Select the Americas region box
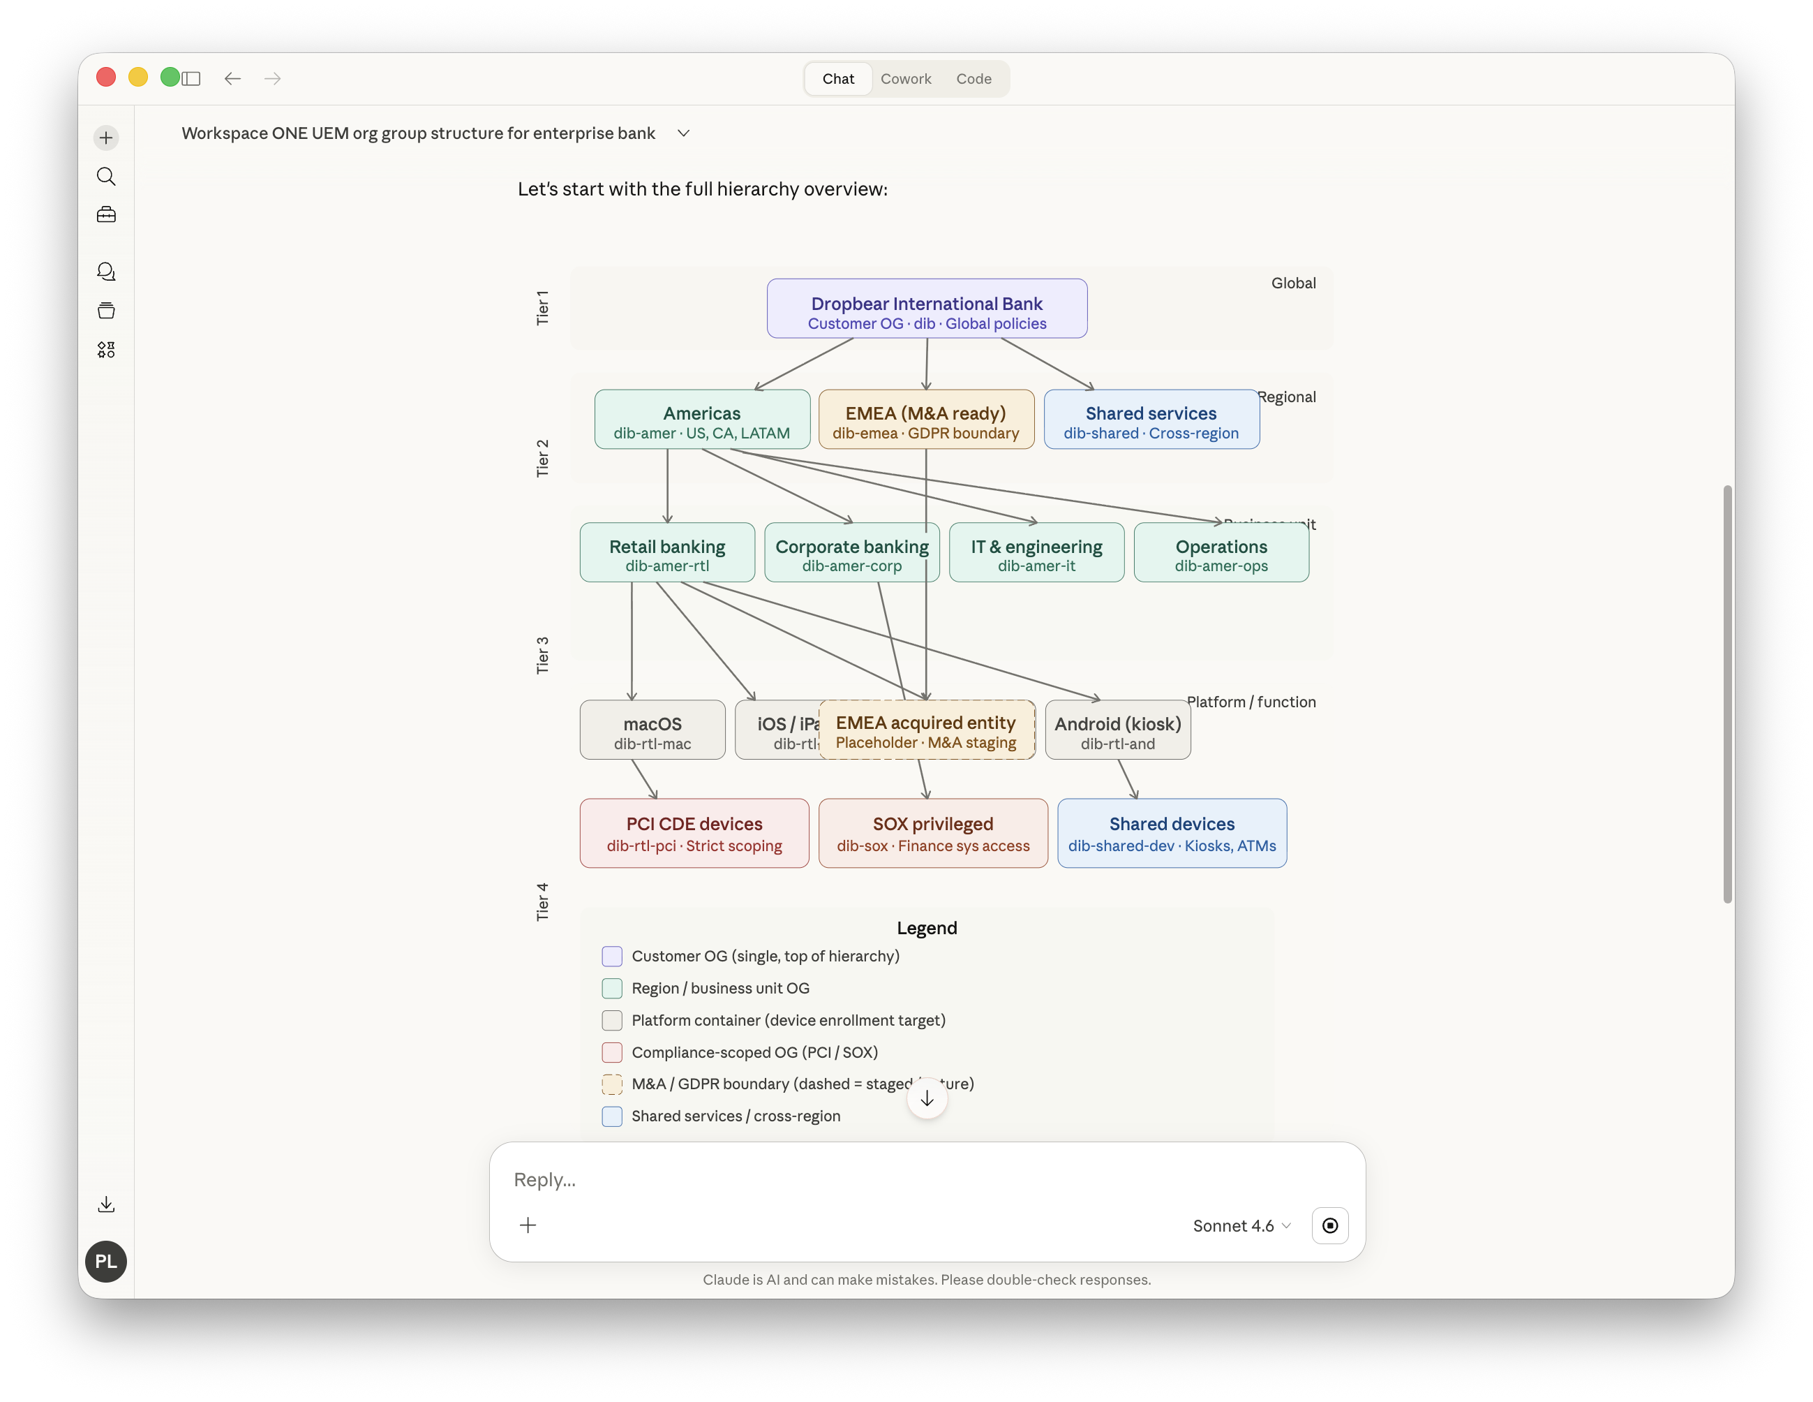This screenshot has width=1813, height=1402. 701,420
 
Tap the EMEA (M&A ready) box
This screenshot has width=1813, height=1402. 925,420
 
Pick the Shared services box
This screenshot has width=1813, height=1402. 1151,420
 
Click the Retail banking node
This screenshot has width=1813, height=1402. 666,553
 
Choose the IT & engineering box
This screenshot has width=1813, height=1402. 1036,553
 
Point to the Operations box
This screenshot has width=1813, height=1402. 1221,553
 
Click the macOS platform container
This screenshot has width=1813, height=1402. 652,730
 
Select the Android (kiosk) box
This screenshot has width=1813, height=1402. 1117,730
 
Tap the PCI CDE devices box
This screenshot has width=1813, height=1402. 694,833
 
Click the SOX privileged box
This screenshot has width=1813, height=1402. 932,833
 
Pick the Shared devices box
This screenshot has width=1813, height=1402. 1171,833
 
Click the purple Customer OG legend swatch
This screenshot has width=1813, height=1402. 612,956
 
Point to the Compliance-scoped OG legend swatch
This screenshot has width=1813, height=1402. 612,1052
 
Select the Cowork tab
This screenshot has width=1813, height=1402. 906,79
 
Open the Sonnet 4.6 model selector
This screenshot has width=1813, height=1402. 1241,1226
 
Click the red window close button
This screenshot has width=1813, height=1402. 106,78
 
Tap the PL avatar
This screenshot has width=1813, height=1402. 106,1261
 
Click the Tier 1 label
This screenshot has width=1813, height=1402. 542,307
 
